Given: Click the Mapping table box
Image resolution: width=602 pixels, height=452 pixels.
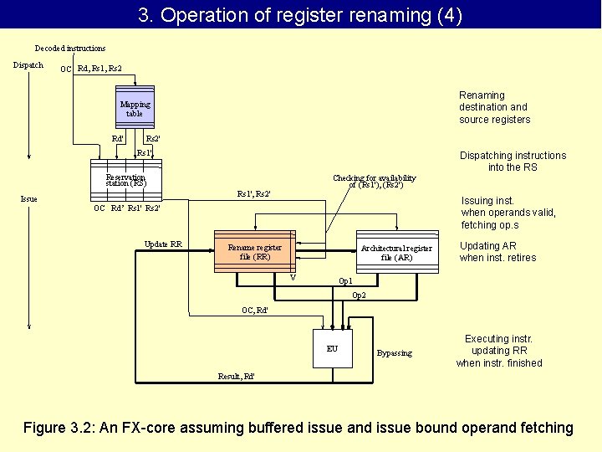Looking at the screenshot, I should pos(135,108).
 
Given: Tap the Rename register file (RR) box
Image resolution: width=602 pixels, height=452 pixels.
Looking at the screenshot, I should pos(254,252).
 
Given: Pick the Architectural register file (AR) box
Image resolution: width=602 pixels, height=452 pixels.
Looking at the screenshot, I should pos(396,252).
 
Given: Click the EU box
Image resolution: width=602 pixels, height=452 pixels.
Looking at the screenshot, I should pos(332,348).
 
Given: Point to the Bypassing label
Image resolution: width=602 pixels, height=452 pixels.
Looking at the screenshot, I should pos(395,353).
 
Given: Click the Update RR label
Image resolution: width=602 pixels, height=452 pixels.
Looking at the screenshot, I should pos(163,244).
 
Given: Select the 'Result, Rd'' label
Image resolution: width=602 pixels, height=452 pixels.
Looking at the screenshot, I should pos(237,377).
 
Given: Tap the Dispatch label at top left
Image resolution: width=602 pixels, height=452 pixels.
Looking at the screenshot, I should pos(28,65).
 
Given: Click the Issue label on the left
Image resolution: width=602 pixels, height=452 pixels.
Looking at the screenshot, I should pos(28,199).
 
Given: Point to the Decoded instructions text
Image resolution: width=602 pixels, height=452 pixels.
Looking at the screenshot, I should pos(70,49).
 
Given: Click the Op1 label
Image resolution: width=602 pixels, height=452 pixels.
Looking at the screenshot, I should pos(344,281).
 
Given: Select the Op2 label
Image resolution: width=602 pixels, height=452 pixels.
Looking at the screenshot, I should pos(359,295).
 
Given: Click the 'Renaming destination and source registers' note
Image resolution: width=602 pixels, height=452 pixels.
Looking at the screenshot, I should pos(494,107).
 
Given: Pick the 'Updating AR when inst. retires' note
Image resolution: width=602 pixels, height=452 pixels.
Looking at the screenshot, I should pos(497,251).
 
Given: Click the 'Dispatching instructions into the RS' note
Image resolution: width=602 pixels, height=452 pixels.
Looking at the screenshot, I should pos(513,161).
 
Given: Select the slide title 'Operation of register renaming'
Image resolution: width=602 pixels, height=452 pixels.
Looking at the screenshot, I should pos(300,15).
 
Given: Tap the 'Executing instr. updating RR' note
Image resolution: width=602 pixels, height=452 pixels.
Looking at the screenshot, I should pos(499,351).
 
